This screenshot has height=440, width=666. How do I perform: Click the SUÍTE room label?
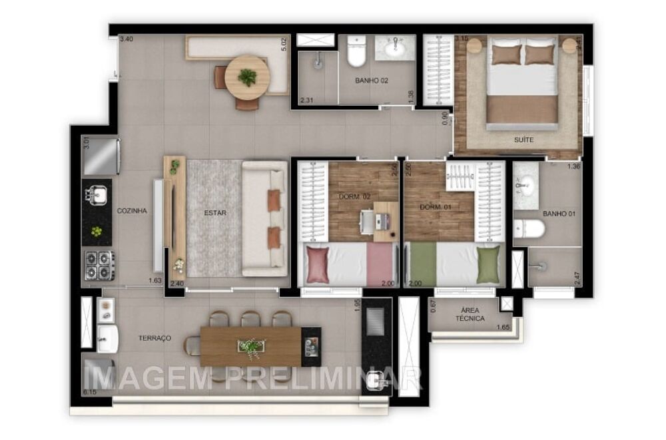click(523, 140)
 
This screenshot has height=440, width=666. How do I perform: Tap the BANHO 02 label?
click(372, 81)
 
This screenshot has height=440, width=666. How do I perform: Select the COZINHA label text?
click(132, 211)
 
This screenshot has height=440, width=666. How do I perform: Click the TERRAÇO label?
click(155, 338)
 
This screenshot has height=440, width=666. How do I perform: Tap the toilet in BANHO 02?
click(356, 52)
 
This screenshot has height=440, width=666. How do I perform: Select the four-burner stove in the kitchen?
click(99, 265)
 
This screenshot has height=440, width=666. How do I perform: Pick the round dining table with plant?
click(247, 77)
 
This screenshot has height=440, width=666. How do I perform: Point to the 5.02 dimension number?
click(284, 45)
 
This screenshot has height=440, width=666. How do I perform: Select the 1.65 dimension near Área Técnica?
click(503, 328)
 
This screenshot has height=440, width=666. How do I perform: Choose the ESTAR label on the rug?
click(215, 214)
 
